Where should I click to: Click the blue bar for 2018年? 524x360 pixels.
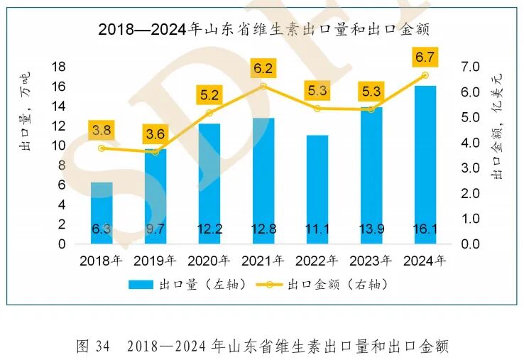pos(102,212)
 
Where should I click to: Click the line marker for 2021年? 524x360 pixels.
pos(263,86)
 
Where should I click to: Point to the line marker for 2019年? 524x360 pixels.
pos(155,151)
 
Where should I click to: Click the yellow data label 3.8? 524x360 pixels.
pos(102,130)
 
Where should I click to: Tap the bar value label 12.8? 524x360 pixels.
pos(263,229)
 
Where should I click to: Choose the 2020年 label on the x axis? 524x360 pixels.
pos(209,261)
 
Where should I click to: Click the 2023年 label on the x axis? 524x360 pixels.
pos(371,261)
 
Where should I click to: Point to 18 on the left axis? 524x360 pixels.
pos(59,67)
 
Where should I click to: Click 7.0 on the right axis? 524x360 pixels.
pos(471,67)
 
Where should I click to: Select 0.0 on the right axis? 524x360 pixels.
pos(471,244)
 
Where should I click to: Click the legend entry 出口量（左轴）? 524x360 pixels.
pos(187,284)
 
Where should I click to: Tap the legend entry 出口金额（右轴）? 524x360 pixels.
pos(327,284)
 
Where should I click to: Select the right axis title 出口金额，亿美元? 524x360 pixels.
pos(498,132)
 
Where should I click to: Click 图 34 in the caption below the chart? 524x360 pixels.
pos(92,347)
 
